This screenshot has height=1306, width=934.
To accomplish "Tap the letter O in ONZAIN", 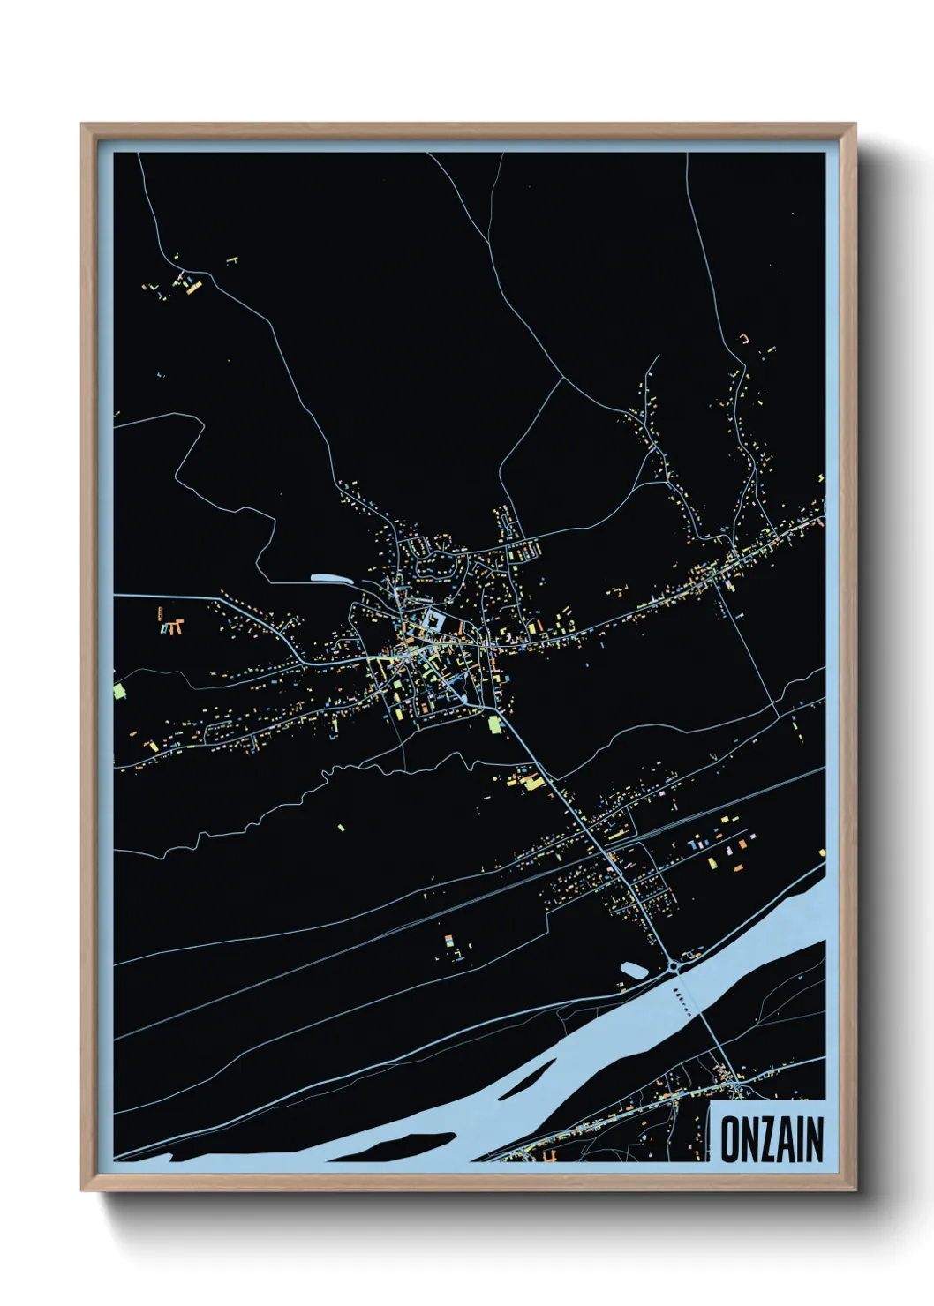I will coord(732,1139).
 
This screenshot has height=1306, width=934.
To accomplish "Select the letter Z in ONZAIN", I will coord(768,1139).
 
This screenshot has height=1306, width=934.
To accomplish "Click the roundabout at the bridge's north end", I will coord(677,966).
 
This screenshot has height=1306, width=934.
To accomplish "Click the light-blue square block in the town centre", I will coord(433,620).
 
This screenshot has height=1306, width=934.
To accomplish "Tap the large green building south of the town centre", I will coord(495,725).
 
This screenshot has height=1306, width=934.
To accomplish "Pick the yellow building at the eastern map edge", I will coord(822,852).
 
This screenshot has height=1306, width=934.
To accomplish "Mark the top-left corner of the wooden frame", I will coord(82,124).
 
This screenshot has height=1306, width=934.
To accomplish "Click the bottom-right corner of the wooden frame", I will coord(855,1190).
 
